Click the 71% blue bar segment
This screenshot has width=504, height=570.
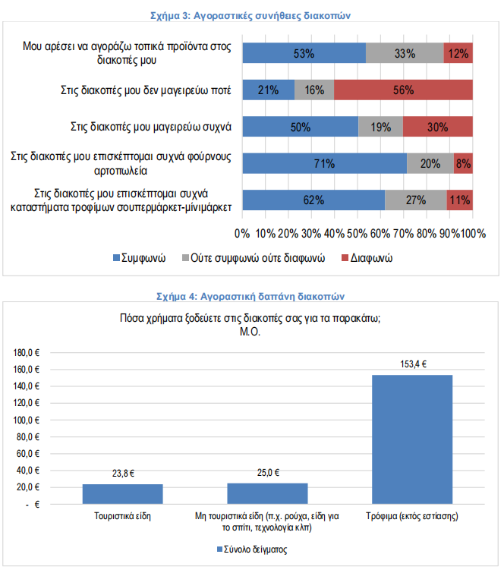click(324, 163)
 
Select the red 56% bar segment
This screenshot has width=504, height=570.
click(403, 90)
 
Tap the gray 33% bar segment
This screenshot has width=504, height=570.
click(405, 53)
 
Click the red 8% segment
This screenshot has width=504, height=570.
click(463, 163)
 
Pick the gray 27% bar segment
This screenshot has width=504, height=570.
click(415, 200)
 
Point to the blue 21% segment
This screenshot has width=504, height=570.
click(268, 90)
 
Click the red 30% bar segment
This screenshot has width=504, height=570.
click(437, 127)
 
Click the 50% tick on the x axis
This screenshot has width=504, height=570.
click(358, 232)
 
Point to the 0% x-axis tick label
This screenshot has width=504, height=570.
click(244, 232)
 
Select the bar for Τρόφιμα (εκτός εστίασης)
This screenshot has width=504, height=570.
click(411, 439)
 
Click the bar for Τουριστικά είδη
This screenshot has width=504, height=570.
click(122, 494)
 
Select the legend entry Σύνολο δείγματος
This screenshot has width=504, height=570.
click(256, 549)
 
